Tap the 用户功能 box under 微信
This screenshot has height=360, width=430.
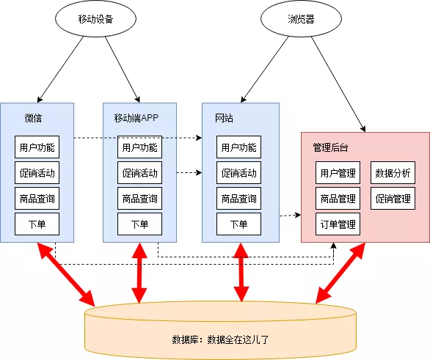pos(37,147)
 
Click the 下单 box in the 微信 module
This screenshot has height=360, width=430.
pos(37,224)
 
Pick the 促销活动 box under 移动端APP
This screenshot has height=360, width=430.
pos(139,173)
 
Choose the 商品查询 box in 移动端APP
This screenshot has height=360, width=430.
pos(139,199)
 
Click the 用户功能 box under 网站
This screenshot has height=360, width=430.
pos(238,147)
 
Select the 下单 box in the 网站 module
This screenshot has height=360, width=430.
pos(238,224)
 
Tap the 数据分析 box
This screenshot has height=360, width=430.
pos(393,173)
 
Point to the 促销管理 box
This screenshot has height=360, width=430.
pos(393,199)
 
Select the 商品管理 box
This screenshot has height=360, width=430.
pos(338,199)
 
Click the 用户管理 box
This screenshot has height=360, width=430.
pos(338,173)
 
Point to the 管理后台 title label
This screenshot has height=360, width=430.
pos(330,147)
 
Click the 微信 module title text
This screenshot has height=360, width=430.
pos(33,118)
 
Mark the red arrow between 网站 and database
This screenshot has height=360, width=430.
pos(239,272)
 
